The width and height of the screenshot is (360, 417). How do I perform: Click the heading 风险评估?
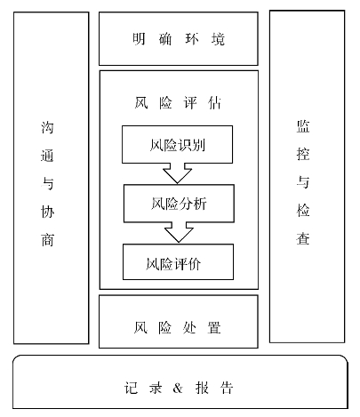(178, 103)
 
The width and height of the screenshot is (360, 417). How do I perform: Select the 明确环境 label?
(179, 40)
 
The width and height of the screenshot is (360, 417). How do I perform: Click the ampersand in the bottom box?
(178, 389)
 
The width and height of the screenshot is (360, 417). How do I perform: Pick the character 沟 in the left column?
(48, 126)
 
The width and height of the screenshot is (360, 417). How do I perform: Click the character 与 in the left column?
(48, 183)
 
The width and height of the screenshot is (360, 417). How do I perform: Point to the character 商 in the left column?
(48, 240)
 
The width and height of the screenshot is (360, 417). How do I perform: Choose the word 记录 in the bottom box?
(141, 389)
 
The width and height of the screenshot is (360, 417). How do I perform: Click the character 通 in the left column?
(48, 155)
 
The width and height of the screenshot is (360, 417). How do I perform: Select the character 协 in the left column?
(48, 212)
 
